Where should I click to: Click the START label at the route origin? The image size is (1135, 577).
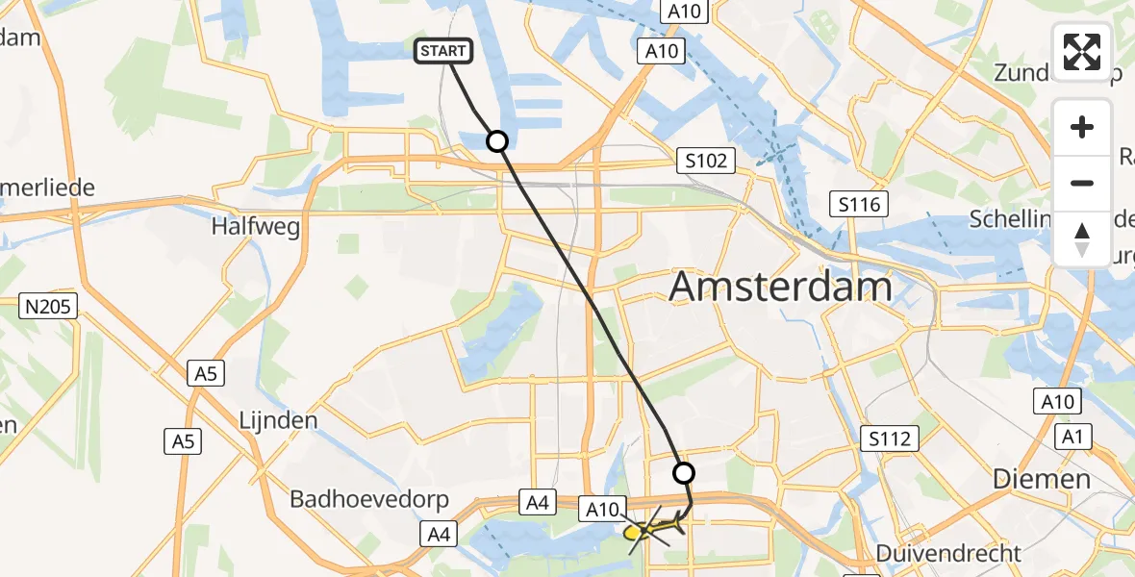443,51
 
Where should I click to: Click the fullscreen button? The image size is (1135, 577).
1082,52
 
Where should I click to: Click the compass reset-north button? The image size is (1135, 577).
1082,239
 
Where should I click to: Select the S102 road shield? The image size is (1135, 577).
705,161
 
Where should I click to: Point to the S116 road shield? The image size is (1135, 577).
859,204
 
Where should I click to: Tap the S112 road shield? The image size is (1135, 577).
889,439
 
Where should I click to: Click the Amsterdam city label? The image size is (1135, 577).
780,287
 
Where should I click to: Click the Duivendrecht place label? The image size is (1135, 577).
949,553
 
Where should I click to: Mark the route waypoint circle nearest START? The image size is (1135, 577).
497,142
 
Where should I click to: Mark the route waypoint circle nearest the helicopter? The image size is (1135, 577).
683,473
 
